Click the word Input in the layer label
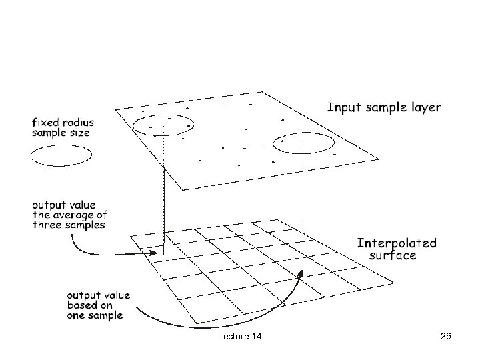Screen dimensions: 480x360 click(x=343, y=107)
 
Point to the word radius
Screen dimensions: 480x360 click(x=73, y=122)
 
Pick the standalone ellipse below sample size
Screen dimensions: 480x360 click(x=61, y=155)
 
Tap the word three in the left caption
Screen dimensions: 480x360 click(x=47, y=225)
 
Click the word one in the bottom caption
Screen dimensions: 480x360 click(x=76, y=315)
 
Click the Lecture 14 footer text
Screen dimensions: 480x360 click(x=239, y=337)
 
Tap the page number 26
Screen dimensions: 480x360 click(x=446, y=337)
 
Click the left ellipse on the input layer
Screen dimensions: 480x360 click(x=162, y=125)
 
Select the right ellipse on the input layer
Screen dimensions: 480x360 click(x=305, y=143)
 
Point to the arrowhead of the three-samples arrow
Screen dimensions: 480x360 click(x=159, y=253)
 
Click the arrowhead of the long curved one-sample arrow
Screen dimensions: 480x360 click(x=301, y=273)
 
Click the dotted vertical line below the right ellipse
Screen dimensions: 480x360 click(x=304, y=207)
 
